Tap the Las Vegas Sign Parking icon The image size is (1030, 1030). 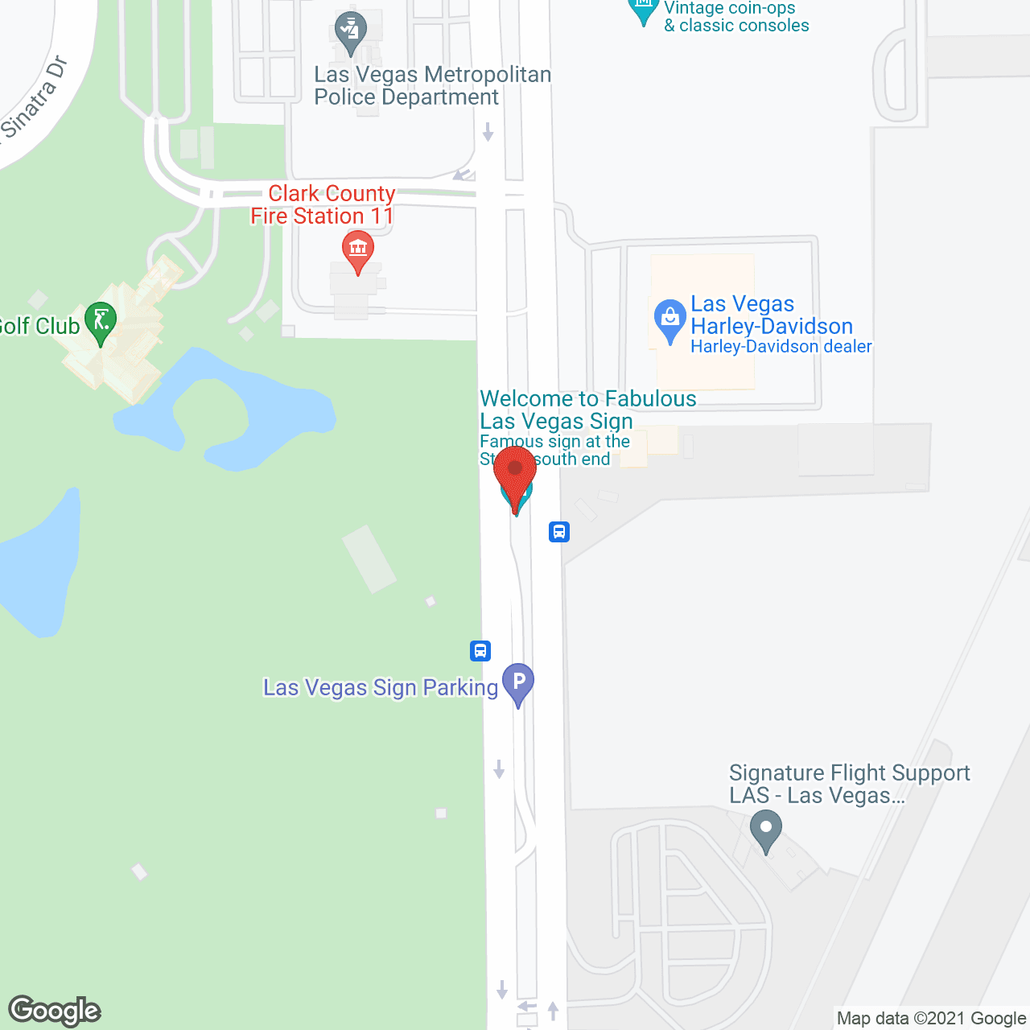tap(518, 682)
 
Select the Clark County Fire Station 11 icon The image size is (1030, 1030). tap(358, 250)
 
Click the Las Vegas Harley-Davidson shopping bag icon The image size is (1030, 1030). tap(669, 319)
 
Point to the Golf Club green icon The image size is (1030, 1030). tap(101, 322)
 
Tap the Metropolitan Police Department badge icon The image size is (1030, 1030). tap(350, 31)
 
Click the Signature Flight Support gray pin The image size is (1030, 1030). tap(765, 829)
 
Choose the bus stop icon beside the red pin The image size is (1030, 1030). tap(559, 531)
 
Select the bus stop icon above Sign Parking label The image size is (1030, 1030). tap(480, 650)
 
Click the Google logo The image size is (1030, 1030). tap(55, 1011)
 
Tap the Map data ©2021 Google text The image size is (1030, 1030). tap(932, 1019)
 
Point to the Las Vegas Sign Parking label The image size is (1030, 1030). tap(381, 688)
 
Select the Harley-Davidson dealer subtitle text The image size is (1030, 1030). tap(781, 347)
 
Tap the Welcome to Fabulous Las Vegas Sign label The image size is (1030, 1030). tap(587, 410)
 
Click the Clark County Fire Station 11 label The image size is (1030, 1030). tap(323, 204)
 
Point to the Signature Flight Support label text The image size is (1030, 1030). tap(849, 784)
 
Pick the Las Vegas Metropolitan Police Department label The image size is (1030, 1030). tap(432, 85)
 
